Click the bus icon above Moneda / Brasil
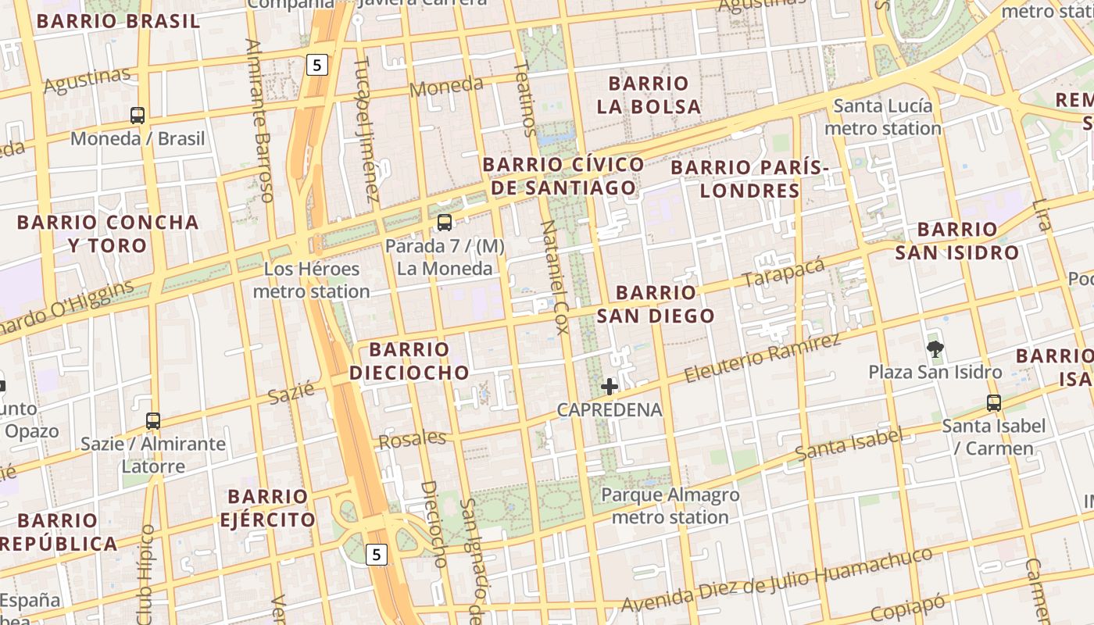pyautogui.click(x=138, y=116)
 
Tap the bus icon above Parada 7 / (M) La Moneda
pyautogui.click(x=445, y=223)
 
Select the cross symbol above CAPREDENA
pyautogui.click(x=610, y=386)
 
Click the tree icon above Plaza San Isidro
pyautogui.click(x=935, y=348)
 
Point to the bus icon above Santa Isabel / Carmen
pyautogui.click(x=993, y=403)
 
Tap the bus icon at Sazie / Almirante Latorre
pyautogui.click(x=153, y=421)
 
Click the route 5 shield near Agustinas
pyautogui.click(x=316, y=65)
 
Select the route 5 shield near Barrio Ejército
pyautogui.click(x=377, y=555)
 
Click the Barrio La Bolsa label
pyautogui.click(x=649, y=95)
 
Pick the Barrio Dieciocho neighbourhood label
pyautogui.click(x=409, y=361)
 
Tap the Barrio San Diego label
pyautogui.click(x=656, y=304)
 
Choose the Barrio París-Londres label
pyautogui.click(x=749, y=179)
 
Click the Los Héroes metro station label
pyautogui.click(x=312, y=280)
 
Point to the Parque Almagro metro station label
pyautogui.click(x=670, y=506)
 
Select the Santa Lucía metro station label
pyautogui.click(x=883, y=117)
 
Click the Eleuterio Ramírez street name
pyautogui.click(x=762, y=357)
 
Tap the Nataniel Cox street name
pyautogui.click(x=553, y=277)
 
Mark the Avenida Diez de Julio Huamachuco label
pyautogui.click(x=777, y=580)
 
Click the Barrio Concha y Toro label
pyautogui.click(x=108, y=234)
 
